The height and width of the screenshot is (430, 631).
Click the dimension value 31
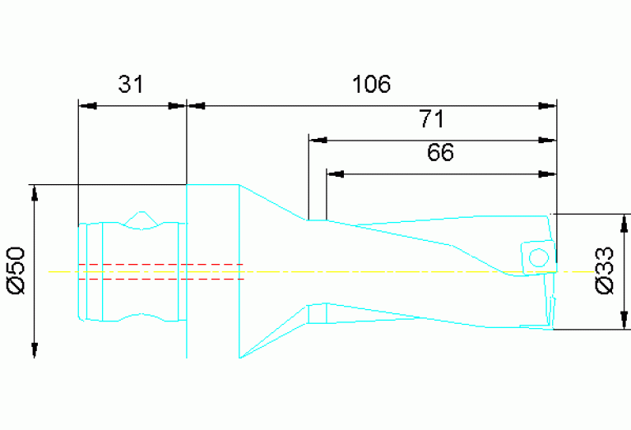pos(130,85)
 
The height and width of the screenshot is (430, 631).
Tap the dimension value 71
pos(431,120)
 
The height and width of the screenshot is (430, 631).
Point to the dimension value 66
pos(440,153)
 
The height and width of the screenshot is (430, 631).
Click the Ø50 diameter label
pos(19,271)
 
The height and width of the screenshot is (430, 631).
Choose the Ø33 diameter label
pos(605,272)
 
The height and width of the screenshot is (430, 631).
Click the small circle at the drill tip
pos(539,257)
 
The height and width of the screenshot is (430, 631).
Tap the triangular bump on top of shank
pos(141,219)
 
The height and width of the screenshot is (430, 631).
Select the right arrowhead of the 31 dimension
pos(177,105)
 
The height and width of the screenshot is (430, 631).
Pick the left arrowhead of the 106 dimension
pos(197,105)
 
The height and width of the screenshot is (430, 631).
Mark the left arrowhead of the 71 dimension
pos(318,140)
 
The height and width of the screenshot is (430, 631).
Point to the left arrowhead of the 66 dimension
pos(336,173)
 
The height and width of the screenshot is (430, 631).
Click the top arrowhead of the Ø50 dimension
pos(35,194)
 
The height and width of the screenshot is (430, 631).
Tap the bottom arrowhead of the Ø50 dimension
pos(35,349)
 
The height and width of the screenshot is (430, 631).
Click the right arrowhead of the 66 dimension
pos(547,173)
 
